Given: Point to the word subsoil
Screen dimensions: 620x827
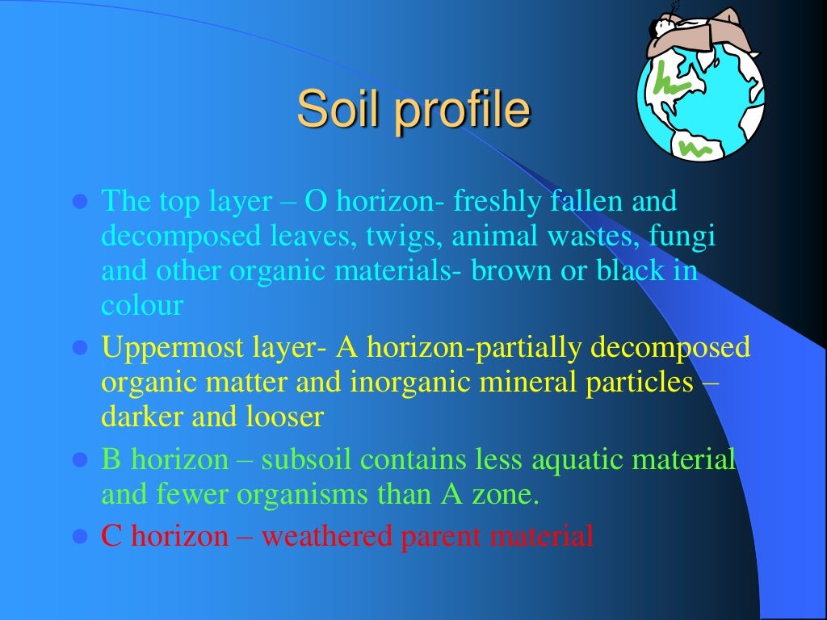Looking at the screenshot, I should coord(307,459).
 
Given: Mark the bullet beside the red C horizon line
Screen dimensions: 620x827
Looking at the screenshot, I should coord(80,535).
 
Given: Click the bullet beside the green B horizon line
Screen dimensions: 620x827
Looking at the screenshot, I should coord(80,460).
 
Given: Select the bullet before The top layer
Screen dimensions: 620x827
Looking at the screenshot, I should coord(80,202).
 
